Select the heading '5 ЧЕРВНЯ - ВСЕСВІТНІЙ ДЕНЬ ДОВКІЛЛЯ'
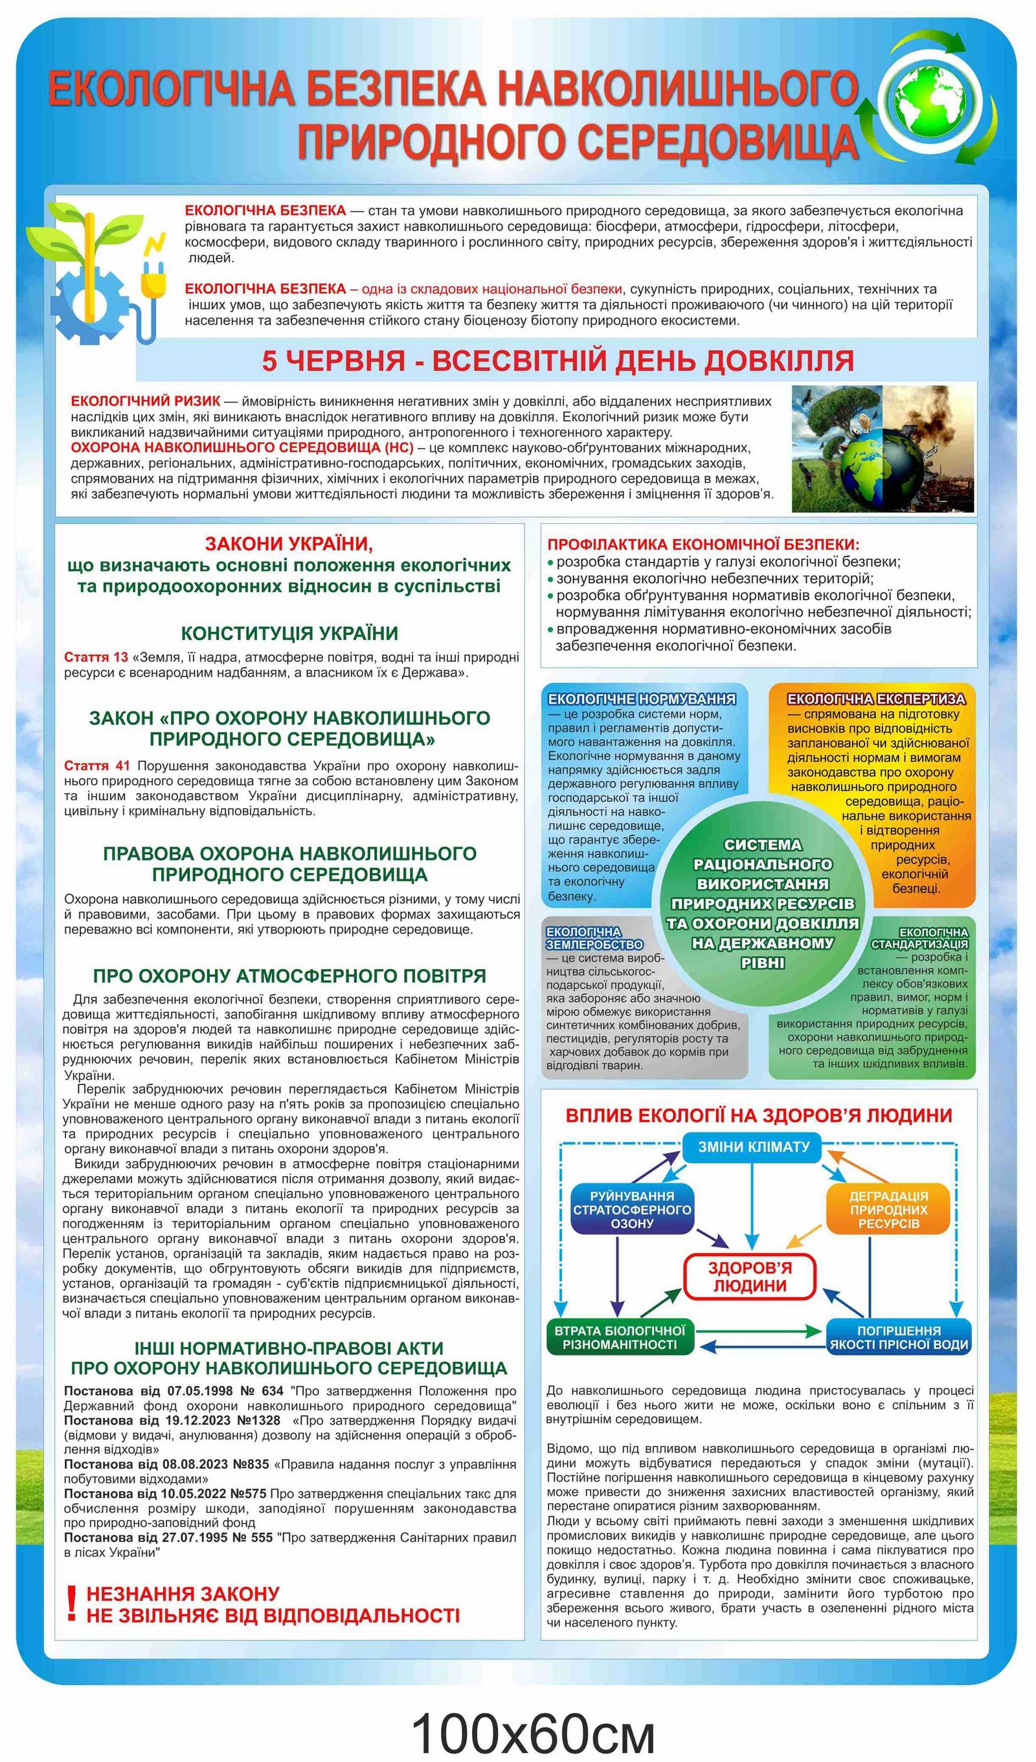click(x=557, y=361)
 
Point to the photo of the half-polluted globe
click(x=882, y=449)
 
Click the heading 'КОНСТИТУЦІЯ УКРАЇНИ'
click(x=289, y=634)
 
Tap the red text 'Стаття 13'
click(x=96, y=657)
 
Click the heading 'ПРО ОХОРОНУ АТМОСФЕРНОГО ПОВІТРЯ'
click(x=289, y=976)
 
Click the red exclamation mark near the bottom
click(x=71, y=1605)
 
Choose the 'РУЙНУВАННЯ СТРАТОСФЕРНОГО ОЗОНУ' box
click(x=632, y=1210)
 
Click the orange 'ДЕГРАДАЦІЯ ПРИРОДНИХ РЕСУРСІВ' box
click(x=888, y=1210)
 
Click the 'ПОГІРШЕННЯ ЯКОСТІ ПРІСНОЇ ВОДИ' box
click(x=899, y=1337)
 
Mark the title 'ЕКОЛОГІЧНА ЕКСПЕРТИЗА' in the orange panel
click(x=876, y=698)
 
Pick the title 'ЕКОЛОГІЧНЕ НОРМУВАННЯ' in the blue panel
click(x=642, y=698)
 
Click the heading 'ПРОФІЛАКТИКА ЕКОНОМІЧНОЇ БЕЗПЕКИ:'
click(x=703, y=544)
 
